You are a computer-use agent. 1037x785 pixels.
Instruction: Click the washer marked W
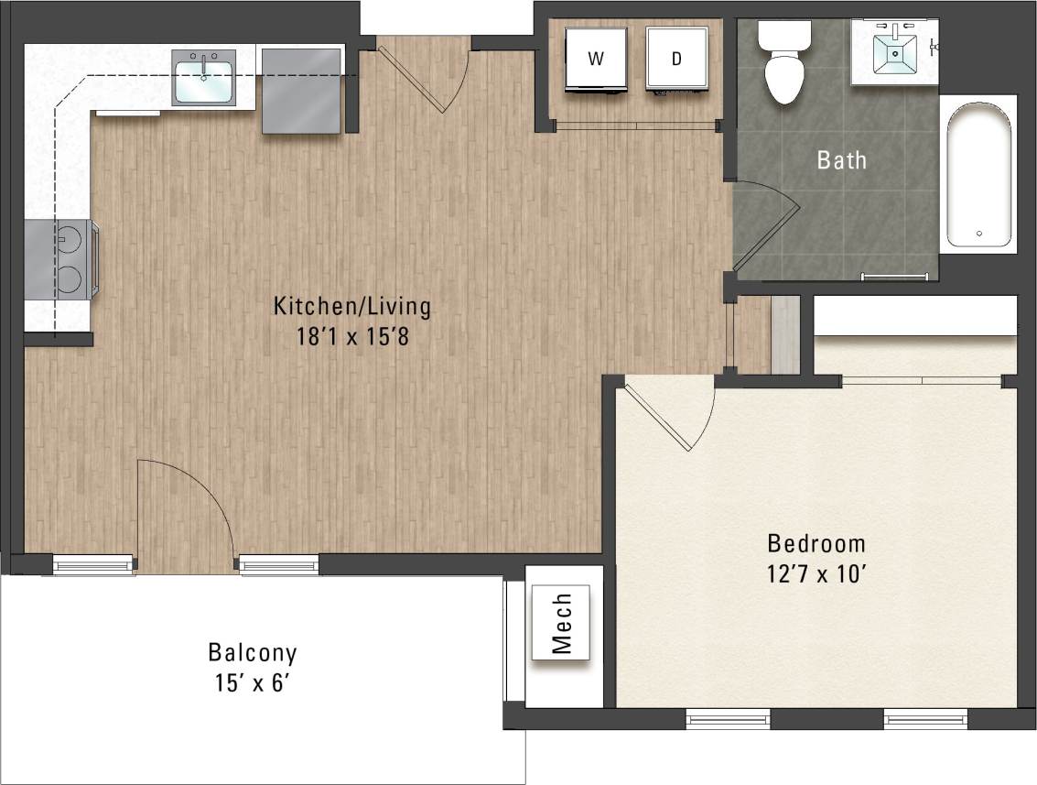596,59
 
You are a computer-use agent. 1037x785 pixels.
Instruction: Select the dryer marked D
676,59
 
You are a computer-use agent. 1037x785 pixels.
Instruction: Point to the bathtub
978,174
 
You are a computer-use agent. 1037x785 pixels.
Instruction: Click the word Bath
841,160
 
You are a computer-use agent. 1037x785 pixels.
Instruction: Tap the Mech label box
561,622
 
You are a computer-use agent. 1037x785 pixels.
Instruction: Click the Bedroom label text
816,543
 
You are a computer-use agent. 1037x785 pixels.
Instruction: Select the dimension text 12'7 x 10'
816,575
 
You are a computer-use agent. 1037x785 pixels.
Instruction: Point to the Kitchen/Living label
351,306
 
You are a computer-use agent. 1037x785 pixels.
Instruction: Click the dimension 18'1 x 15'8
351,336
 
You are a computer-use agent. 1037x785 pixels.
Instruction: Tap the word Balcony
252,653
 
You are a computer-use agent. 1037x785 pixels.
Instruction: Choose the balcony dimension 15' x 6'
252,683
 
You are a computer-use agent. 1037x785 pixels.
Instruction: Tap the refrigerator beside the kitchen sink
301,91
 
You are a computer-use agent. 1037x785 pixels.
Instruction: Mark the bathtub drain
978,234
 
